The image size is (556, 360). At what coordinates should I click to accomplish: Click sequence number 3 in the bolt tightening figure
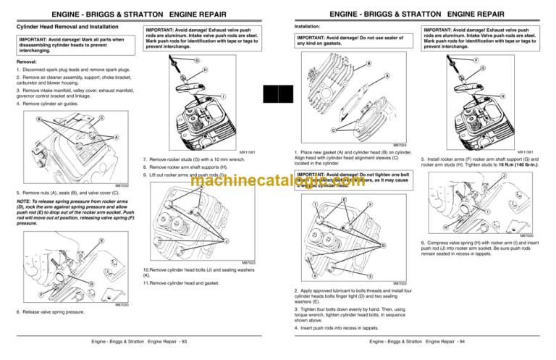(x=369, y=204)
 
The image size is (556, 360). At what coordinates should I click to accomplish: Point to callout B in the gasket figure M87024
(x=368, y=64)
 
